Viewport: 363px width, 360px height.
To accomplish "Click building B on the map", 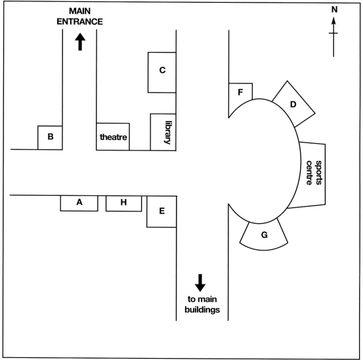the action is tap(50, 137).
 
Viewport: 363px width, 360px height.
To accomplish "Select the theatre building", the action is tap(113, 137).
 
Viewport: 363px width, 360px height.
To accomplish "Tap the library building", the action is tap(163, 132).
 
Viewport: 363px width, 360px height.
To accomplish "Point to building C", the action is tap(162, 72).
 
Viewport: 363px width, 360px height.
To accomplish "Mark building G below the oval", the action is tap(264, 236).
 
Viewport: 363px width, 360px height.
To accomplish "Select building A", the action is tap(79, 203).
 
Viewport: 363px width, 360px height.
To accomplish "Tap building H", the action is tap(123, 204).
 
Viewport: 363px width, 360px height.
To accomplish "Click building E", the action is tap(161, 212).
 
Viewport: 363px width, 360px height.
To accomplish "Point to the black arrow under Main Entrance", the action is tap(80, 41).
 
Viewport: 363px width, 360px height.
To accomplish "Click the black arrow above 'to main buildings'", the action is tap(200, 282).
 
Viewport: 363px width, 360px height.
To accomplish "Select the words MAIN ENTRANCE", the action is tap(79, 16).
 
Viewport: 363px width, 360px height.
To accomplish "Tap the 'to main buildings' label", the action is tap(202, 304).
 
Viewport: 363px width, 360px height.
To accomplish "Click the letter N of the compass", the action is tap(334, 9).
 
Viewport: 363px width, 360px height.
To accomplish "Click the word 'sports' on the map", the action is tap(318, 173).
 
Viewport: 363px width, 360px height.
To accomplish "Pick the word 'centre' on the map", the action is tap(309, 173).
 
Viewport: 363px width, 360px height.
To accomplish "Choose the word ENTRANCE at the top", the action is tap(79, 22).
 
